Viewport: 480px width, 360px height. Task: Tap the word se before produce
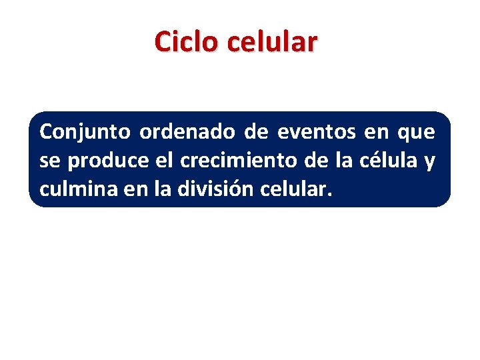point(51,161)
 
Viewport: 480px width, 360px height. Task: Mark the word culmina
point(77,189)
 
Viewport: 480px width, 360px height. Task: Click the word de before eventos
point(256,132)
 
